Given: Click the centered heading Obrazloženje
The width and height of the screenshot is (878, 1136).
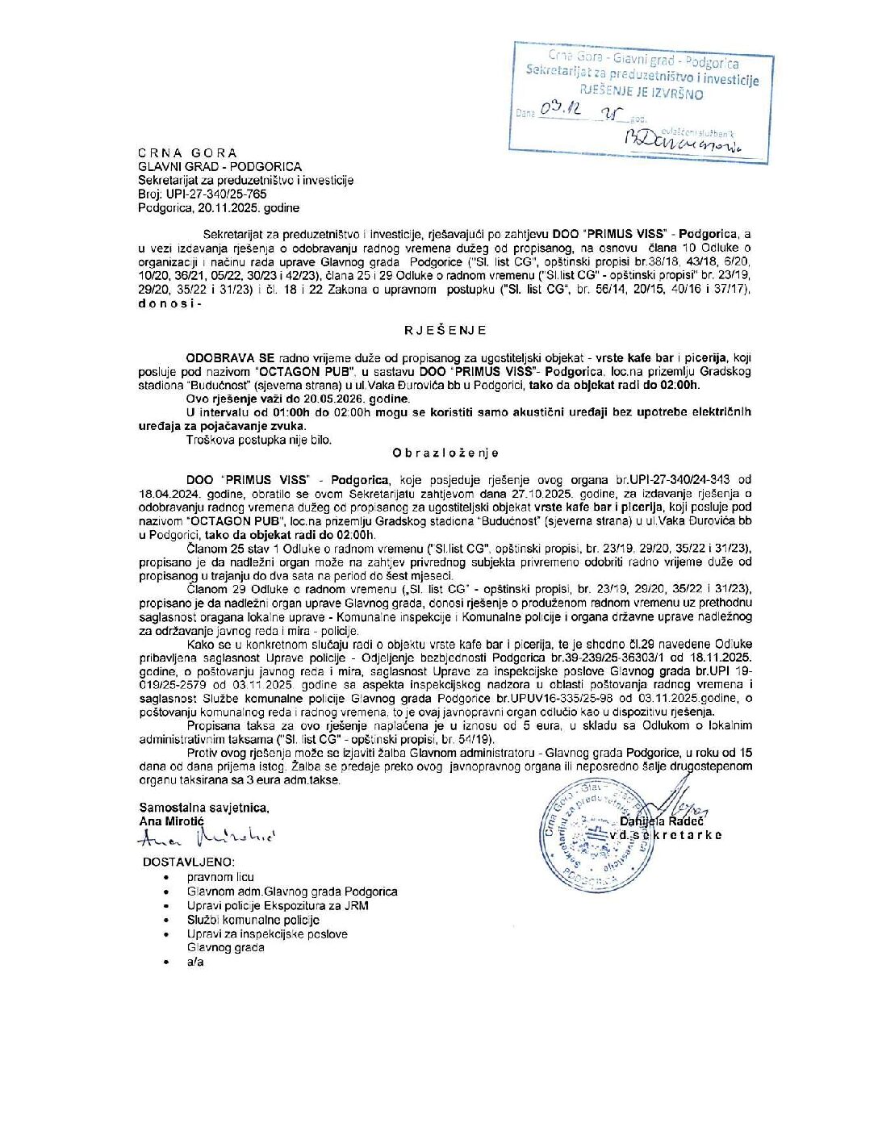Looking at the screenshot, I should click(x=445, y=453).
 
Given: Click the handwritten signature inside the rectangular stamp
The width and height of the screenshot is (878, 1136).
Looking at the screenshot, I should click(x=685, y=142).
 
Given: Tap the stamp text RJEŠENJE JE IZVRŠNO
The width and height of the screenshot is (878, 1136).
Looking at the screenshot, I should click(x=642, y=93).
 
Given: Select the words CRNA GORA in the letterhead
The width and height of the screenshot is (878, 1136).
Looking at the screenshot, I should click(x=187, y=153).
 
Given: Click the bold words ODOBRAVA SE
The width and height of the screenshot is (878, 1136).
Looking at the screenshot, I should click(x=230, y=357).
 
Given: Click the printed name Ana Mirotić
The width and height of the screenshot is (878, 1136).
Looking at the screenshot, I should click(x=172, y=821).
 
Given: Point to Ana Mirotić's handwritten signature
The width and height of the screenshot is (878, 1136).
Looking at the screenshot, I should click(x=205, y=839).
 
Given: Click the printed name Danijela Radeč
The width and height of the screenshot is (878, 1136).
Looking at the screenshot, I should click(x=663, y=821).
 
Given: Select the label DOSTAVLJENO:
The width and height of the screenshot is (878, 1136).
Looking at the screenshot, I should click(x=189, y=862).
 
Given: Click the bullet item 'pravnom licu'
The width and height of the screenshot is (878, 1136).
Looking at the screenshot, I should click(x=219, y=877).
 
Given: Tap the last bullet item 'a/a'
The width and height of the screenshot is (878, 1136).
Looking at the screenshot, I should click(x=195, y=962).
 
